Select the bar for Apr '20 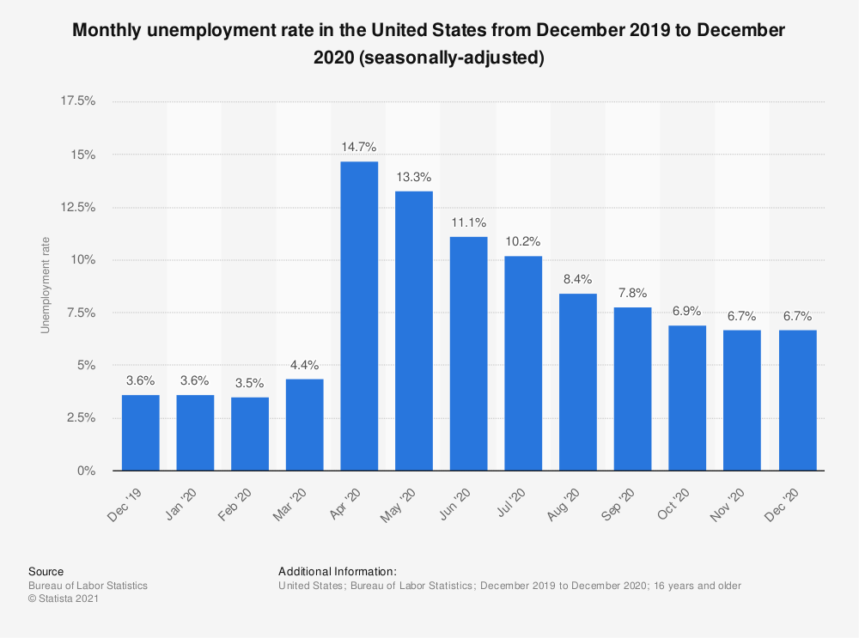click(x=359, y=316)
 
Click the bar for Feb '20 click(x=250, y=434)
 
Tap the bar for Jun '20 click(x=469, y=354)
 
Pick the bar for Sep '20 click(x=633, y=389)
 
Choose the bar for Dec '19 click(x=140, y=433)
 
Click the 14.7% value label click(x=359, y=146)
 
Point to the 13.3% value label click(x=414, y=176)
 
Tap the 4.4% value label click(x=304, y=364)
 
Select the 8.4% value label click(x=578, y=279)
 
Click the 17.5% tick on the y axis click(x=77, y=101)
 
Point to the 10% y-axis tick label click(x=82, y=260)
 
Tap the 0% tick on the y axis click(x=86, y=471)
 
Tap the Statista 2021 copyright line click(x=64, y=599)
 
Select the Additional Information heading click(x=338, y=571)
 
